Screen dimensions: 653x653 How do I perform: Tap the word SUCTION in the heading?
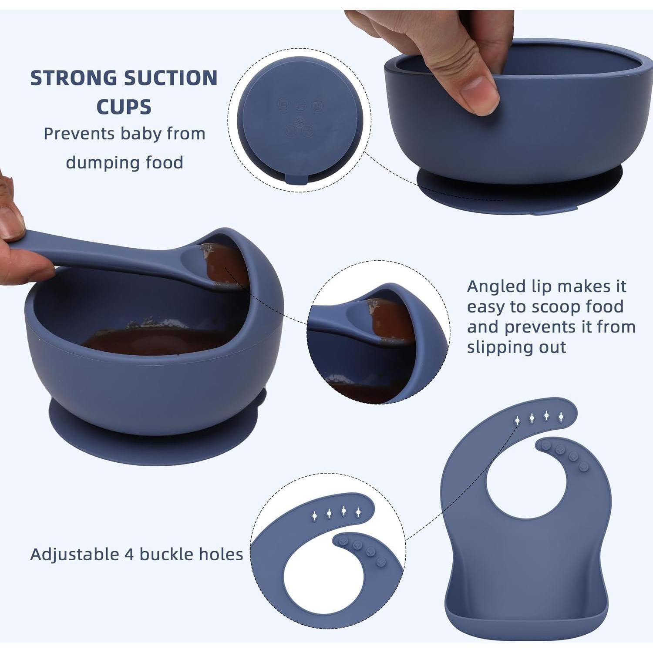point(171,78)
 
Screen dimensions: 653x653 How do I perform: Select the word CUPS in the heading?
point(124,107)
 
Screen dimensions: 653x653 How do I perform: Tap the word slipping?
point(495,347)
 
